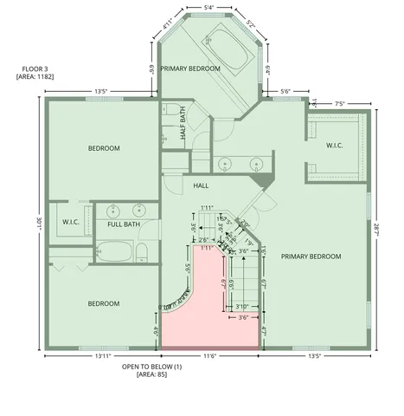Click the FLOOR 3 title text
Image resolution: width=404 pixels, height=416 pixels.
click(x=32, y=68)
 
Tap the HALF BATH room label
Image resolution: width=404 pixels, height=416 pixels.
click(x=184, y=127)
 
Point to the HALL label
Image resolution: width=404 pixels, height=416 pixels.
click(x=202, y=185)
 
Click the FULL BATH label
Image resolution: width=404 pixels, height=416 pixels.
click(x=124, y=225)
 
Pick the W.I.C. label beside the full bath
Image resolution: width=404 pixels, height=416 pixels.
click(x=71, y=222)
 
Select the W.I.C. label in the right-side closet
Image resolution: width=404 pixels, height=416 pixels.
click(x=335, y=146)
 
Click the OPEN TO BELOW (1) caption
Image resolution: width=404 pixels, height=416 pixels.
click(x=151, y=367)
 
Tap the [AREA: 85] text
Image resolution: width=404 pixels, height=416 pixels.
click(x=151, y=376)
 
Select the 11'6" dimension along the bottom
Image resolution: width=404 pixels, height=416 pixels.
click(x=210, y=356)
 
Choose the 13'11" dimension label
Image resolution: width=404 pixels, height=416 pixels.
click(x=102, y=356)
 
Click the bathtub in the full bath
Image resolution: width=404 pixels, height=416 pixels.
click(x=115, y=253)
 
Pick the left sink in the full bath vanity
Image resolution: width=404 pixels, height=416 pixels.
click(x=113, y=210)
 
